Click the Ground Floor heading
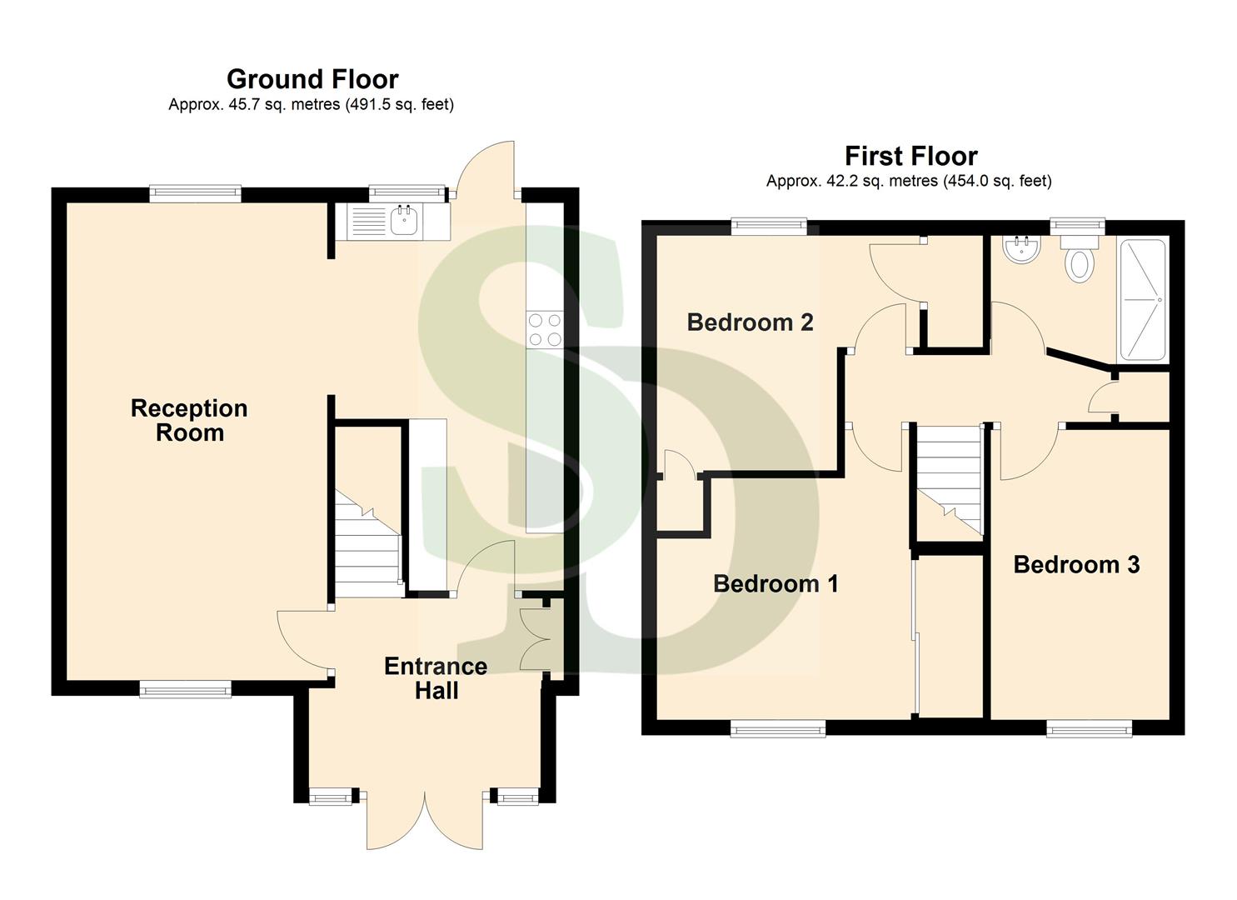click(x=312, y=79)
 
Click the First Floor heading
click(x=910, y=156)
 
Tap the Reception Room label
click(x=189, y=420)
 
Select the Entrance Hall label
click(x=436, y=677)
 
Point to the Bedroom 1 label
click(x=776, y=583)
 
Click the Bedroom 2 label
click(x=750, y=322)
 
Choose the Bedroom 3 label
click(x=1076, y=564)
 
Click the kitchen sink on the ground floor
click(x=404, y=221)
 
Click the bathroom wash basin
click(x=1021, y=249)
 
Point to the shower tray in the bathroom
click(x=1142, y=300)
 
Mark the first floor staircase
click(x=948, y=479)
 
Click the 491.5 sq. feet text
click(x=399, y=105)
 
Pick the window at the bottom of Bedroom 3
click(x=1089, y=729)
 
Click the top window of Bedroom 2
click(x=769, y=224)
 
